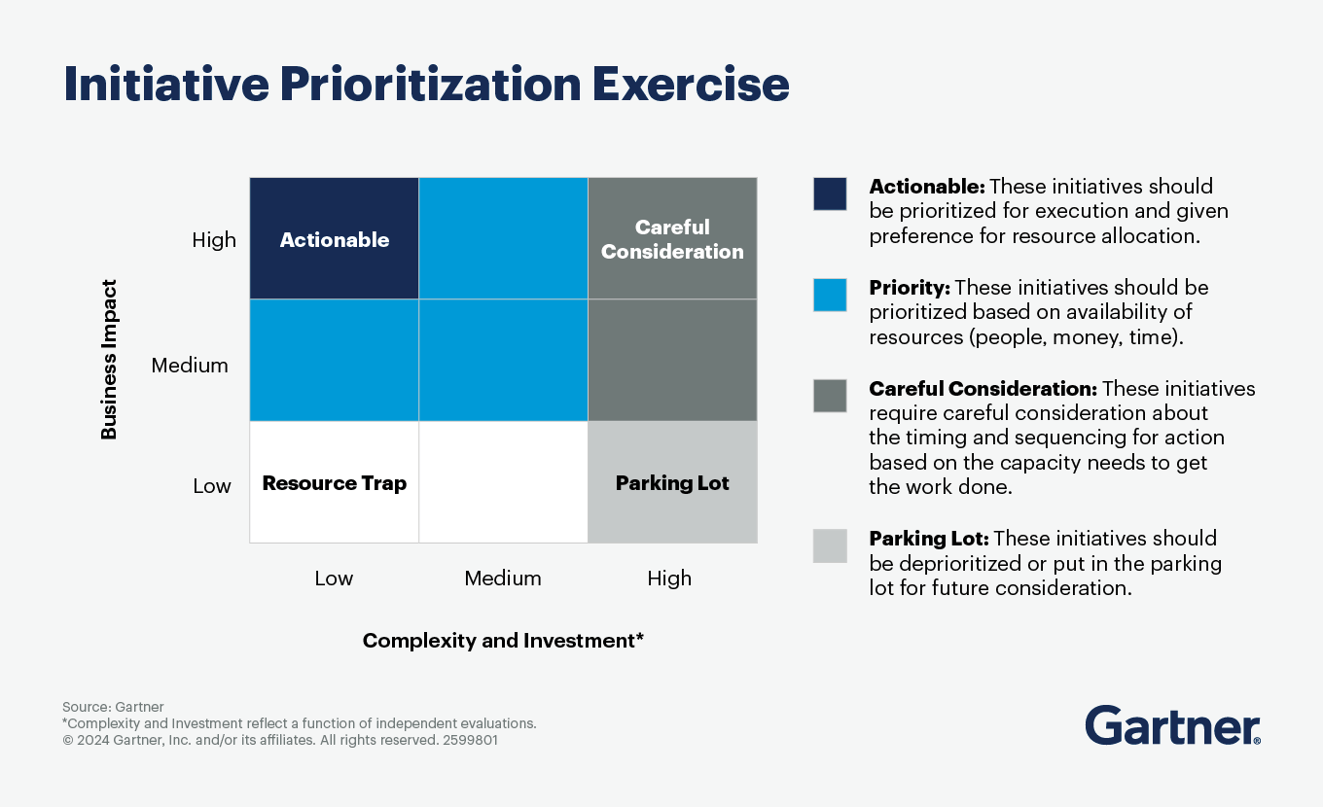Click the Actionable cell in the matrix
pos(334,239)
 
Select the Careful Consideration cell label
pos(672,239)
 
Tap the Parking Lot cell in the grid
pos(672,483)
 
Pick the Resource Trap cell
pos(334,483)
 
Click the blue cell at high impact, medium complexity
pos(503,238)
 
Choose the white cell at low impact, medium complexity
pos(503,482)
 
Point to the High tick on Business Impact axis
pos(214,240)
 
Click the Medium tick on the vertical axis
pos(190,366)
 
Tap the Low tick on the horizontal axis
pos(334,579)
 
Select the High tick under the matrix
pos(669,579)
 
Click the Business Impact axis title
pos(109,360)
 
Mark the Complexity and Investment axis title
pos(503,641)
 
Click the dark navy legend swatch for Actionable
pos(830,193)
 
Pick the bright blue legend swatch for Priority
pos(830,295)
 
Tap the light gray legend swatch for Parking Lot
pos(830,546)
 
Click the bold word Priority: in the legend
pos(910,288)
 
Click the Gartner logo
pos(1172,726)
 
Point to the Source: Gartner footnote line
pos(113,707)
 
